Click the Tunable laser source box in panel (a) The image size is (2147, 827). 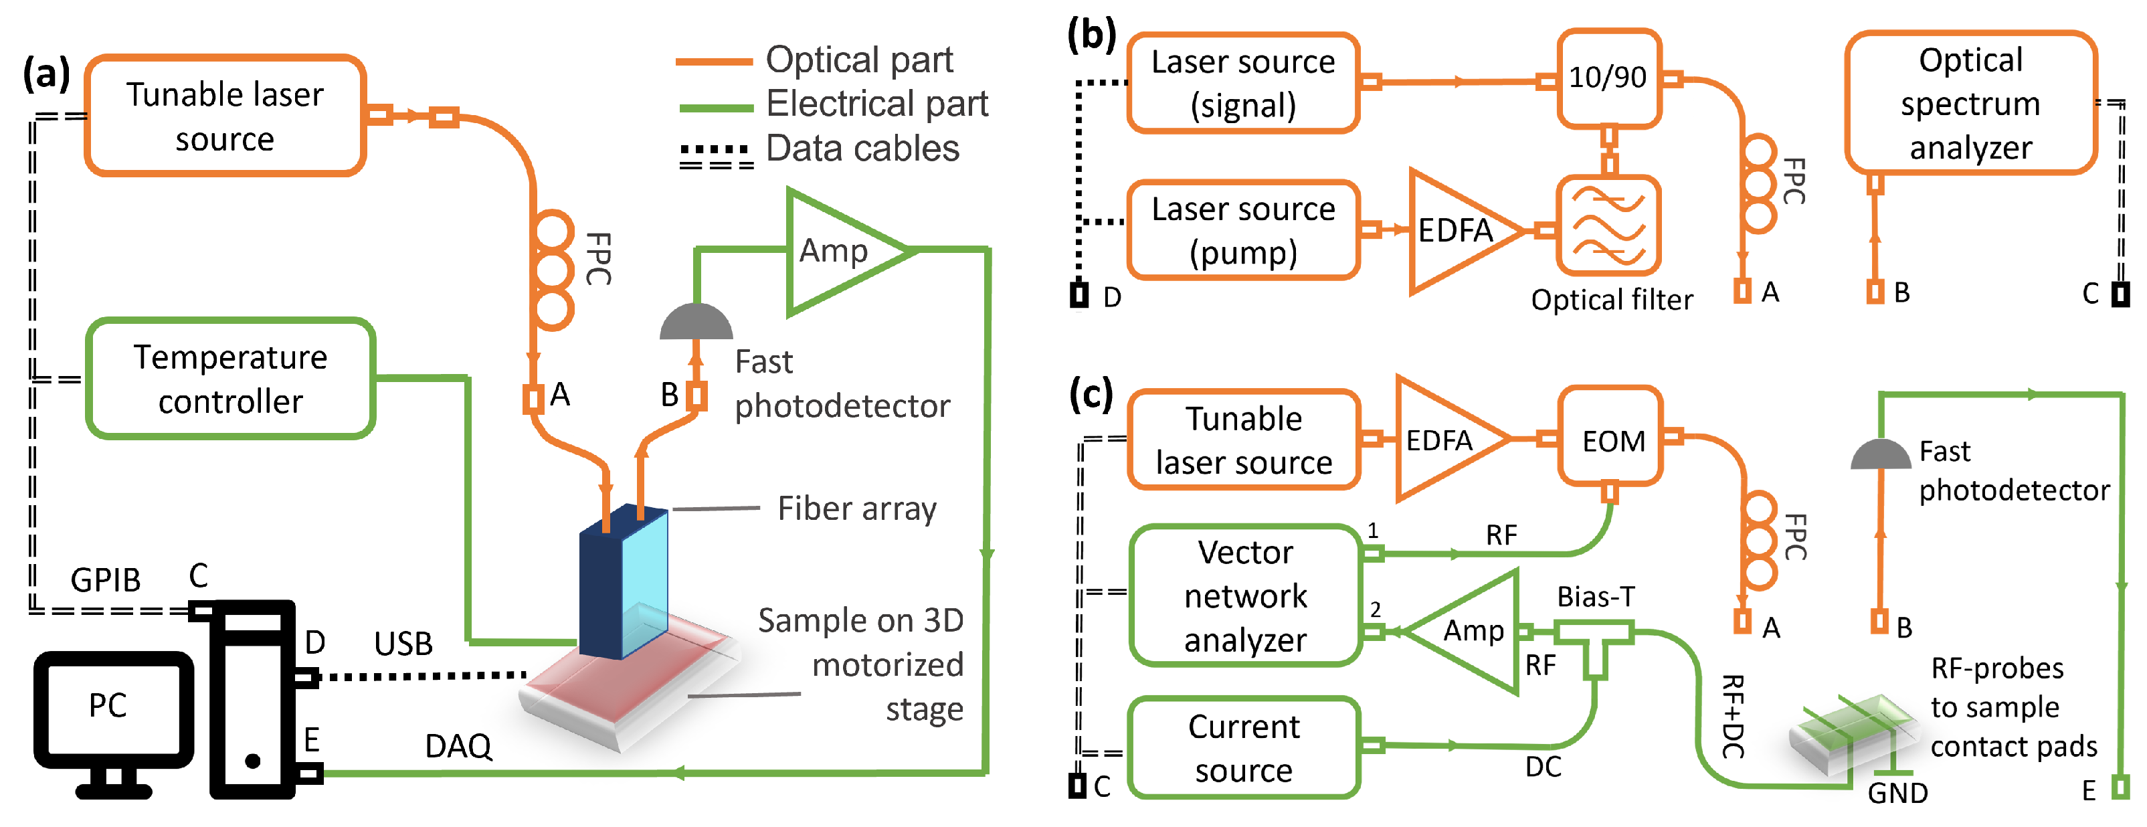click(x=225, y=116)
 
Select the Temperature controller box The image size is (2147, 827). click(x=230, y=379)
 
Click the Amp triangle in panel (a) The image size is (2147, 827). click(x=838, y=251)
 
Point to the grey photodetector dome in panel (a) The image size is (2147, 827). click(x=696, y=323)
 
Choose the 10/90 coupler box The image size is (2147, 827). click(x=1608, y=78)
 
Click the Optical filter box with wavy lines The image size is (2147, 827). click(x=1608, y=225)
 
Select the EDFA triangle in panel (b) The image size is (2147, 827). click(x=1455, y=231)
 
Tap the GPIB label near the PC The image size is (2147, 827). click(x=105, y=580)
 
